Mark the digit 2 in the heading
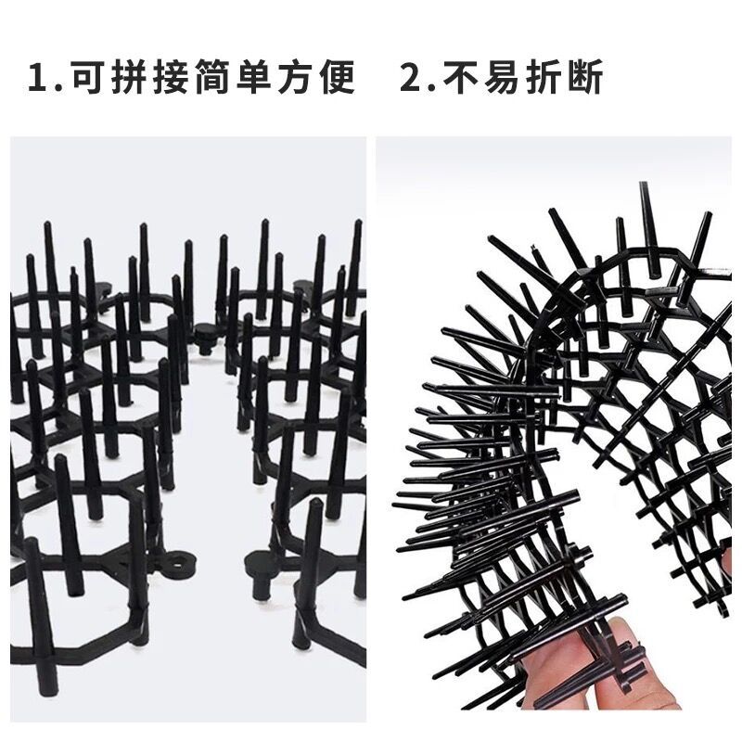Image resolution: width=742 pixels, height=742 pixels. tap(411, 78)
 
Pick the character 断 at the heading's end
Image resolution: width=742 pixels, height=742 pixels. tap(588, 78)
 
